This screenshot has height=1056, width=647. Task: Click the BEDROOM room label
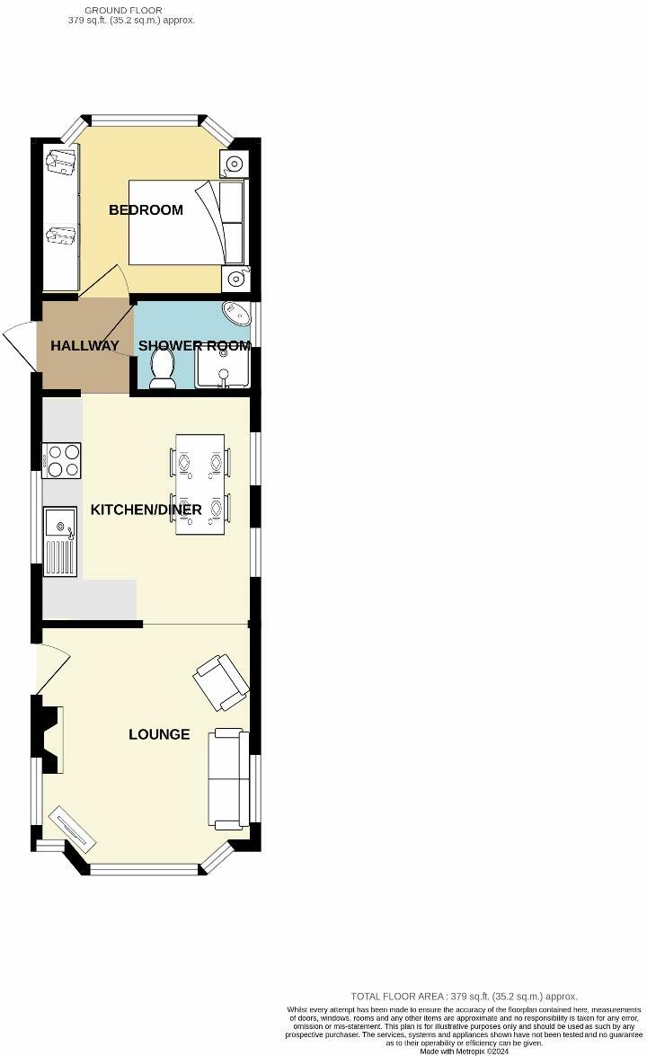(146, 210)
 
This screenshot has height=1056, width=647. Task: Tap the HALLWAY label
(84, 346)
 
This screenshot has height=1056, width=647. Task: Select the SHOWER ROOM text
(194, 346)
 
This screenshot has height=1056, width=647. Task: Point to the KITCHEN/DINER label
(146, 510)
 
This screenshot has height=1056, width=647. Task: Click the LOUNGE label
(159, 734)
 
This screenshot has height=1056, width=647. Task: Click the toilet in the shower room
(163, 368)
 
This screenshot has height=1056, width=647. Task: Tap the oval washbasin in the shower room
(237, 313)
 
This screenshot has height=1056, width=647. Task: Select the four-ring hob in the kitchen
(62, 461)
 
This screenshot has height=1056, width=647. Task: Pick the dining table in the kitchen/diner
(199, 484)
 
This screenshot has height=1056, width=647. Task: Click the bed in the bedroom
(186, 222)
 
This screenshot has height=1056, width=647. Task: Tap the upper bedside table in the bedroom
(233, 164)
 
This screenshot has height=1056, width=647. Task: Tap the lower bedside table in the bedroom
(235, 278)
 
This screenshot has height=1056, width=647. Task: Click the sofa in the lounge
(229, 779)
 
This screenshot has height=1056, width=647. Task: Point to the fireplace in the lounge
(51, 737)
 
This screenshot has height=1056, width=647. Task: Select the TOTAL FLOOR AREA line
(464, 996)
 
